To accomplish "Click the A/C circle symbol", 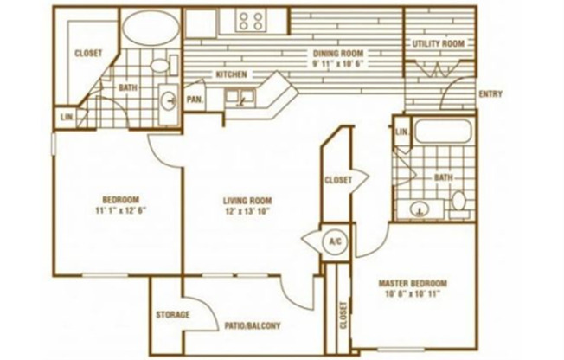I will [x=334, y=241].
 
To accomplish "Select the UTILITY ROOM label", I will [x=438, y=43].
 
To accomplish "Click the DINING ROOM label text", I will [x=340, y=52].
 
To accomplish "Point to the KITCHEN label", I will [x=231, y=74].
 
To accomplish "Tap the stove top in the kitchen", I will [x=252, y=21].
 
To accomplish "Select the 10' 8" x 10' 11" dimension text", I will [x=413, y=294].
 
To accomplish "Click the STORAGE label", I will [x=172, y=314].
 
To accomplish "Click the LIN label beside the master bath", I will [x=401, y=132].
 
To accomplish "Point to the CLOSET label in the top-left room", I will [x=88, y=53].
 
